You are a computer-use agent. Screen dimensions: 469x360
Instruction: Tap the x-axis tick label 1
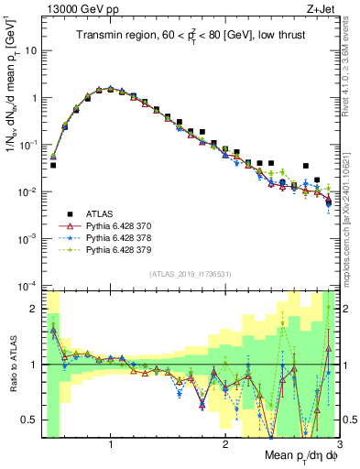[111, 444]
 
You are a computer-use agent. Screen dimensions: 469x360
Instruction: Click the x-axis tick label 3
[338, 444]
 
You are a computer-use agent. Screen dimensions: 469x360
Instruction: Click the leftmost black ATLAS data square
[53, 165]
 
